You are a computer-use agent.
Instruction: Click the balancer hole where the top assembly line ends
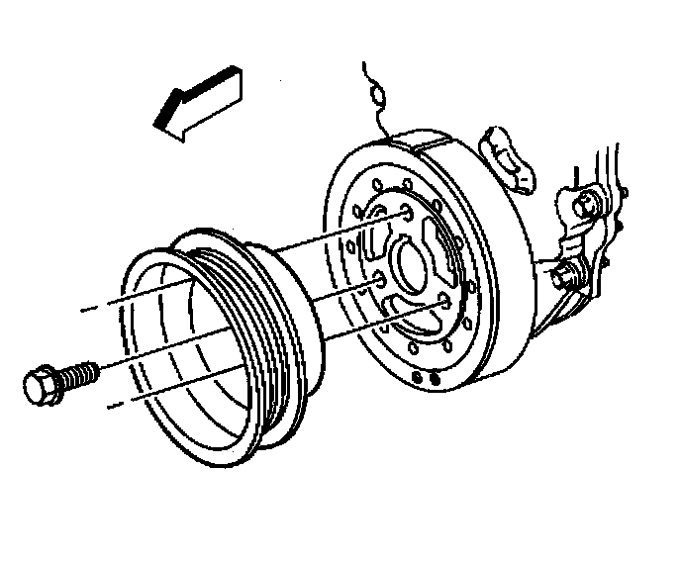[x=408, y=212]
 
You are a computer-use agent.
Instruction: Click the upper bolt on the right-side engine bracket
[x=588, y=206]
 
